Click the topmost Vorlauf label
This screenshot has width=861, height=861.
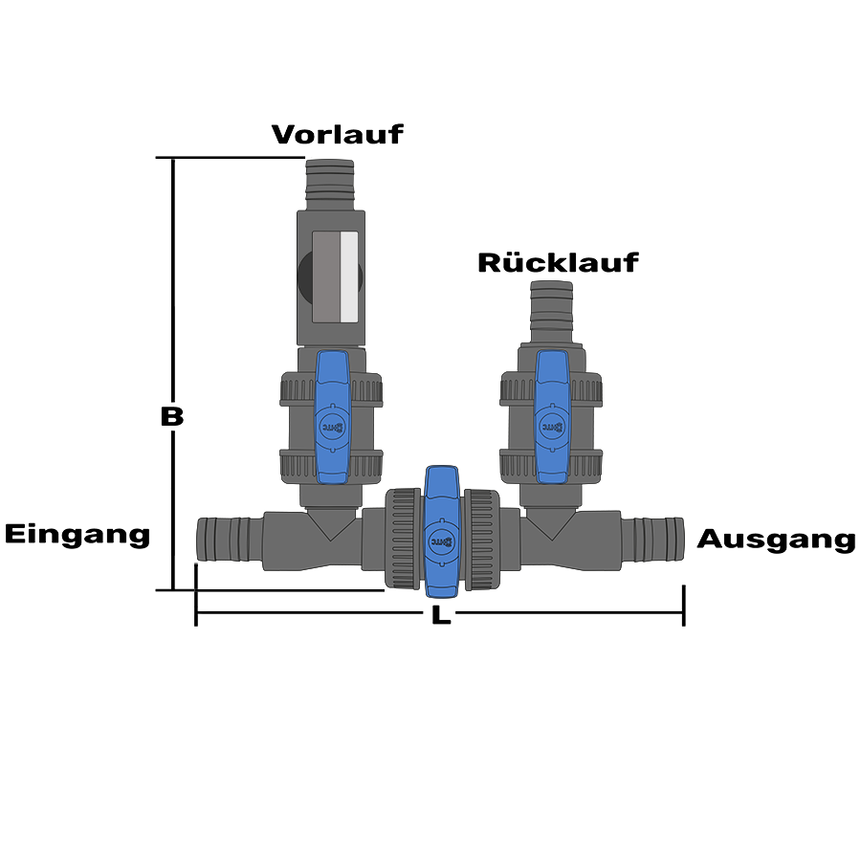(337, 134)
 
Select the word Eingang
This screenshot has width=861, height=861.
(77, 534)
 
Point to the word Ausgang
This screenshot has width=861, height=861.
(775, 540)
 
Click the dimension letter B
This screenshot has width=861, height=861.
(171, 416)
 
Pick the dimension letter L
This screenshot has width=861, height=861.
(439, 616)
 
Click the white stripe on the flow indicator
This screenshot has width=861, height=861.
(349, 277)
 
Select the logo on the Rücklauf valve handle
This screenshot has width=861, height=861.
(553, 421)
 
